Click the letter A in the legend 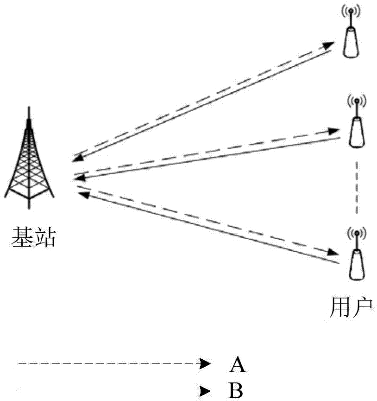(237, 365)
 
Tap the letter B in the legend (236, 390)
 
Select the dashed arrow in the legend (111, 364)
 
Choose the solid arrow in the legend (111, 389)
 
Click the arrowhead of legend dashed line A (204, 364)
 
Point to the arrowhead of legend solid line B (204, 389)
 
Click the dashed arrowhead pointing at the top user (328, 45)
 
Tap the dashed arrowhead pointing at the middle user (334, 131)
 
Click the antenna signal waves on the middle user (356, 99)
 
